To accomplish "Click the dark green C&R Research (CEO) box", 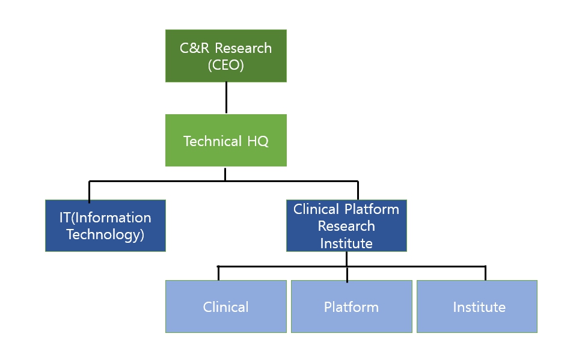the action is click(x=226, y=56).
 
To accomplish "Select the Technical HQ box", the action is click(x=226, y=140).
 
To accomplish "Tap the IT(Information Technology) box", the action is click(x=105, y=225).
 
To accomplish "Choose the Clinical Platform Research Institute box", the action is click(x=346, y=225).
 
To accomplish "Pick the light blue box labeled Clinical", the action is click(x=226, y=307).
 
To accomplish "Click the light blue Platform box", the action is click(x=352, y=307).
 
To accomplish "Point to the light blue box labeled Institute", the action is click(x=477, y=307).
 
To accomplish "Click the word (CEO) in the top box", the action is click(x=226, y=65).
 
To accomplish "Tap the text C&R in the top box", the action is click(x=194, y=48).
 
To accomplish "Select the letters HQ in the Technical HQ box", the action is click(x=258, y=141).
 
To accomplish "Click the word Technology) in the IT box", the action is click(x=105, y=235).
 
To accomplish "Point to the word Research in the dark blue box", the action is click(x=346, y=226).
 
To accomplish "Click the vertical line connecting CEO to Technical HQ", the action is click(x=226, y=98).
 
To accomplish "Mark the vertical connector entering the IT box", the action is click(x=89, y=192).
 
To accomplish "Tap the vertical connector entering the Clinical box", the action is click(x=219, y=273).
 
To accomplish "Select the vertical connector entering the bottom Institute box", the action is click(x=486, y=273).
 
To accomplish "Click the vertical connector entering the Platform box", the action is click(x=347, y=275).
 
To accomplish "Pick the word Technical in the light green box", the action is click(x=213, y=141).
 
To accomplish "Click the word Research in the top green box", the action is click(x=243, y=48).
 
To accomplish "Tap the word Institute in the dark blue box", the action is click(x=346, y=243).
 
